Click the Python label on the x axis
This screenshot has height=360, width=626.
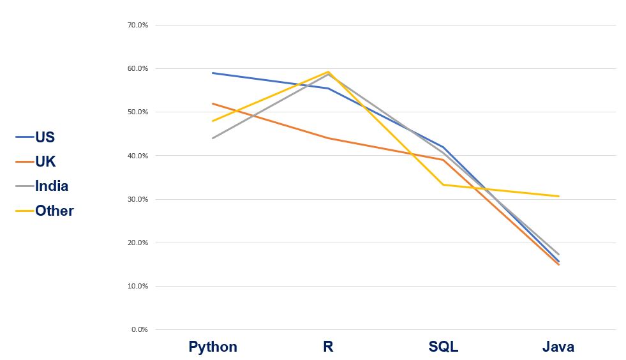[212, 347]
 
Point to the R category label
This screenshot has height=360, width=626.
[328, 347]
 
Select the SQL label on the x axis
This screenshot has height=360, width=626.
[443, 347]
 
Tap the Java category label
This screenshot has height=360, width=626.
[558, 347]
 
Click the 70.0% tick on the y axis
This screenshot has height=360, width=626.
[138, 25]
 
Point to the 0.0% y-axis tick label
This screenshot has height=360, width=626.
[140, 329]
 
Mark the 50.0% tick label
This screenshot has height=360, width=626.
[138, 112]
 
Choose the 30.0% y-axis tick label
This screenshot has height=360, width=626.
[138, 199]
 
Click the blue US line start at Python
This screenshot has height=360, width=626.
[212, 73]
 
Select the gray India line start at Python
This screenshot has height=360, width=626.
[212, 138]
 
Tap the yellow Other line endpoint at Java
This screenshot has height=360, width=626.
[559, 196]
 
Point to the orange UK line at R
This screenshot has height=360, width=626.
[328, 138]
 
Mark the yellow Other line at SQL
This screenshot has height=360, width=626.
[443, 184]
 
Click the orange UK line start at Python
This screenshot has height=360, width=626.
[212, 103]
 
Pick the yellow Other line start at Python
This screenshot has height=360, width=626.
[212, 121]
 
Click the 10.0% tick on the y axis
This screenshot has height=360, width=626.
[138, 286]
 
